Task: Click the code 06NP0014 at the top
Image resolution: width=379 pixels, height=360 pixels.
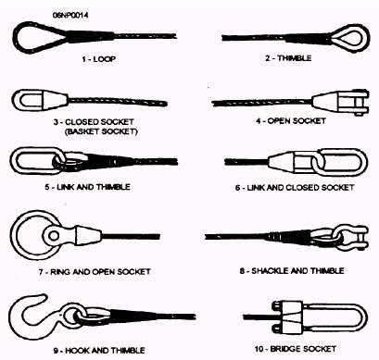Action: click(x=70, y=15)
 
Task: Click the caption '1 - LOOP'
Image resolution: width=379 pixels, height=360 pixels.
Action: click(x=99, y=59)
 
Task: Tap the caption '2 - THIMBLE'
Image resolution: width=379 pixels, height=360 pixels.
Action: click(x=288, y=58)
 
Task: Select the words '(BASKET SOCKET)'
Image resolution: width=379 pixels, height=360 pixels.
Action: click(x=101, y=131)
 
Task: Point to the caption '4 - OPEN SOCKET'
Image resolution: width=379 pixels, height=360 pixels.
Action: click(x=291, y=120)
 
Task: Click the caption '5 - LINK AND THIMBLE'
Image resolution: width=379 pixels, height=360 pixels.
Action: click(x=87, y=187)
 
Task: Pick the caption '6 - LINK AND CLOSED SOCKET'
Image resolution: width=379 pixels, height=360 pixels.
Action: click(x=295, y=188)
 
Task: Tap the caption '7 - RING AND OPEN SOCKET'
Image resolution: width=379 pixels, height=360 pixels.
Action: click(x=95, y=272)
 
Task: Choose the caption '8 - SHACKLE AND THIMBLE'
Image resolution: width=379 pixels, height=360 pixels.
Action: click(x=292, y=271)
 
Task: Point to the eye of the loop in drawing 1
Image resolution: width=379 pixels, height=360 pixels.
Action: click(x=17, y=37)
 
